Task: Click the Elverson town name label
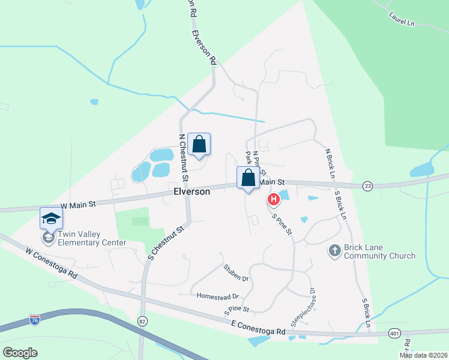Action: (191, 191)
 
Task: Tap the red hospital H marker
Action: (273, 199)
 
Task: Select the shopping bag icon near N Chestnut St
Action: (199, 145)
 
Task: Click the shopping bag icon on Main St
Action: (248, 178)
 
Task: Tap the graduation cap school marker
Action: (51, 218)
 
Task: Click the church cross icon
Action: (335, 249)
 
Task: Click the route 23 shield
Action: (367, 187)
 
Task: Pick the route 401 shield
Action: (394, 332)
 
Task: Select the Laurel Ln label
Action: (402, 19)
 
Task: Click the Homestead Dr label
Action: (218, 296)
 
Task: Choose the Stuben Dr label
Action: (236, 273)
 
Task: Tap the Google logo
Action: (20, 352)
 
